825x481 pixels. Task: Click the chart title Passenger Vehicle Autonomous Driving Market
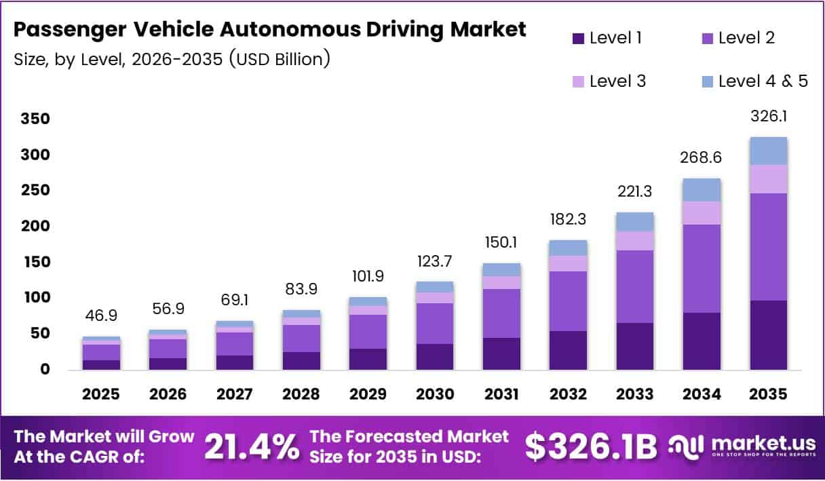(x=269, y=30)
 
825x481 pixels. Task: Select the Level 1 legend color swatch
(x=578, y=39)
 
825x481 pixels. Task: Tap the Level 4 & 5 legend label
(x=763, y=81)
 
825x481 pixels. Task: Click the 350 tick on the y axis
(x=36, y=119)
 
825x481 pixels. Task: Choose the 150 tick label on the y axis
(x=36, y=262)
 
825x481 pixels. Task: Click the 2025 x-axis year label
(x=102, y=394)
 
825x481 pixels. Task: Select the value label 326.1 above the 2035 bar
(x=768, y=117)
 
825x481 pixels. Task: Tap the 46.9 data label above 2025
(x=102, y=316)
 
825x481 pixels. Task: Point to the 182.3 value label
(x=568, y=220)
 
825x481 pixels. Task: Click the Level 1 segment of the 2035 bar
(x=768, y=334)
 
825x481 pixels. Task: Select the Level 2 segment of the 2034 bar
(x=702, y=268)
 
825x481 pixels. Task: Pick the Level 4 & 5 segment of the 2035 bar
(x=768, y=151)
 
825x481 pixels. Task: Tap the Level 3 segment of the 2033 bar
(x=635, y=241)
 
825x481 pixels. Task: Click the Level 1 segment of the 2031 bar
(x=501, y=353)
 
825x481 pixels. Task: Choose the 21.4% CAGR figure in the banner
(x=251, y=446)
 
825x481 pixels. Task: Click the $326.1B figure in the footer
(x=591, y=446)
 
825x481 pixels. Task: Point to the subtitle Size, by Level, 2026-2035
(x=172, y=59)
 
